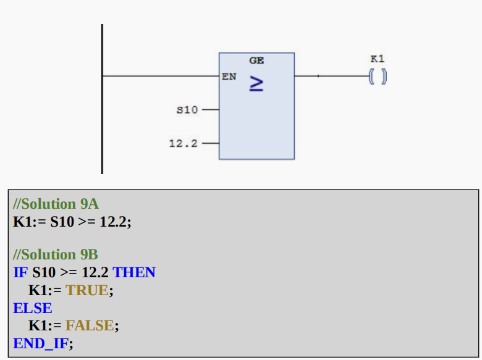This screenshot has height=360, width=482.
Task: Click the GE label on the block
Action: coord(256,61)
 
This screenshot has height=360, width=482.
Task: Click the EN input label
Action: coord(229,77)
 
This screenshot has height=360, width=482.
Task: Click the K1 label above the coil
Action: coord(377,59)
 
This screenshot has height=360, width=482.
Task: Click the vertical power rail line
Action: coord(102,123)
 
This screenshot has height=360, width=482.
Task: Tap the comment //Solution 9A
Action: coord(56,204)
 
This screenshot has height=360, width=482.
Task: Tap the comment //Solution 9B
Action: coord(56,254)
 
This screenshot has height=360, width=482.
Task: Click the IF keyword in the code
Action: coord(20,272)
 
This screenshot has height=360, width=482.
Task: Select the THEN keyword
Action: coord(134,272)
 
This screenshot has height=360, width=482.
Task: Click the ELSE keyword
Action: coord(33,308)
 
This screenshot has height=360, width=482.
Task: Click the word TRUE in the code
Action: coord(87,290)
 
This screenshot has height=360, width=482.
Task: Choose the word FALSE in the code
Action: coord(90,325)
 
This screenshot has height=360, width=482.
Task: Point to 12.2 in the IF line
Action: coord(95,272)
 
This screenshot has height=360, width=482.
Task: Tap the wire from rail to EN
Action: coord(161,76)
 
